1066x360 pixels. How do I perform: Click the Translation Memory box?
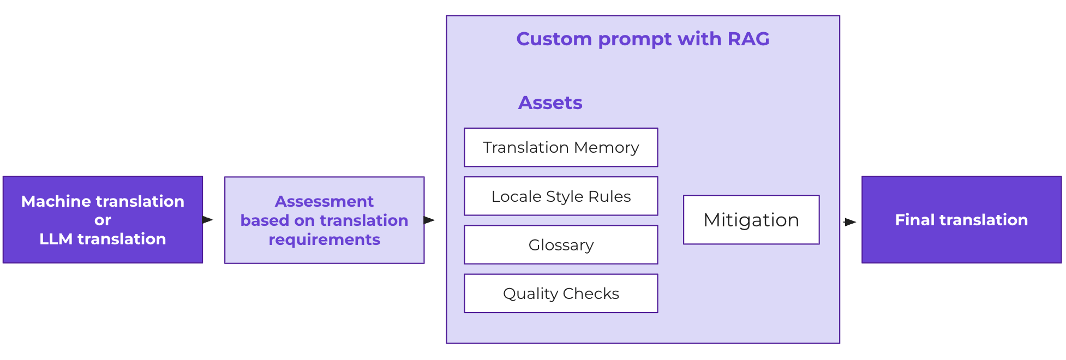tap(561, 147)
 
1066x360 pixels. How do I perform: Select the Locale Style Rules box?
tap(561, 196)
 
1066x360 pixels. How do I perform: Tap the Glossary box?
tap(561, 245)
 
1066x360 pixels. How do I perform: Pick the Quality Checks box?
tap(561, 293)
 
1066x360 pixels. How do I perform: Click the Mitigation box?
tap(751, 220)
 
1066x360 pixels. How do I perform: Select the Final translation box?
tap(961, 220)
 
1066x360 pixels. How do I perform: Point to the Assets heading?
tap(550, 103)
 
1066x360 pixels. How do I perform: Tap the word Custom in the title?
tap(554, 39)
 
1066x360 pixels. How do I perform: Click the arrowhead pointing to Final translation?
tap(851, 222)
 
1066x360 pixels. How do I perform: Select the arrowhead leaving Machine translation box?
tap(207, 220)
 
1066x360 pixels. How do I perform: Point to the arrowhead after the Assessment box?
tap(429, 220)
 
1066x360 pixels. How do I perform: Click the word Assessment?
tap(324, 201)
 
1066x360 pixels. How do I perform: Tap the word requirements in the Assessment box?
tap(324, 239)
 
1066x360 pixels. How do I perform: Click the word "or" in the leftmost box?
tap(103, 220)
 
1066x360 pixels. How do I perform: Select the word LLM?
tap(56, 239)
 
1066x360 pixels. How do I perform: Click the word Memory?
tap(607, 147)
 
